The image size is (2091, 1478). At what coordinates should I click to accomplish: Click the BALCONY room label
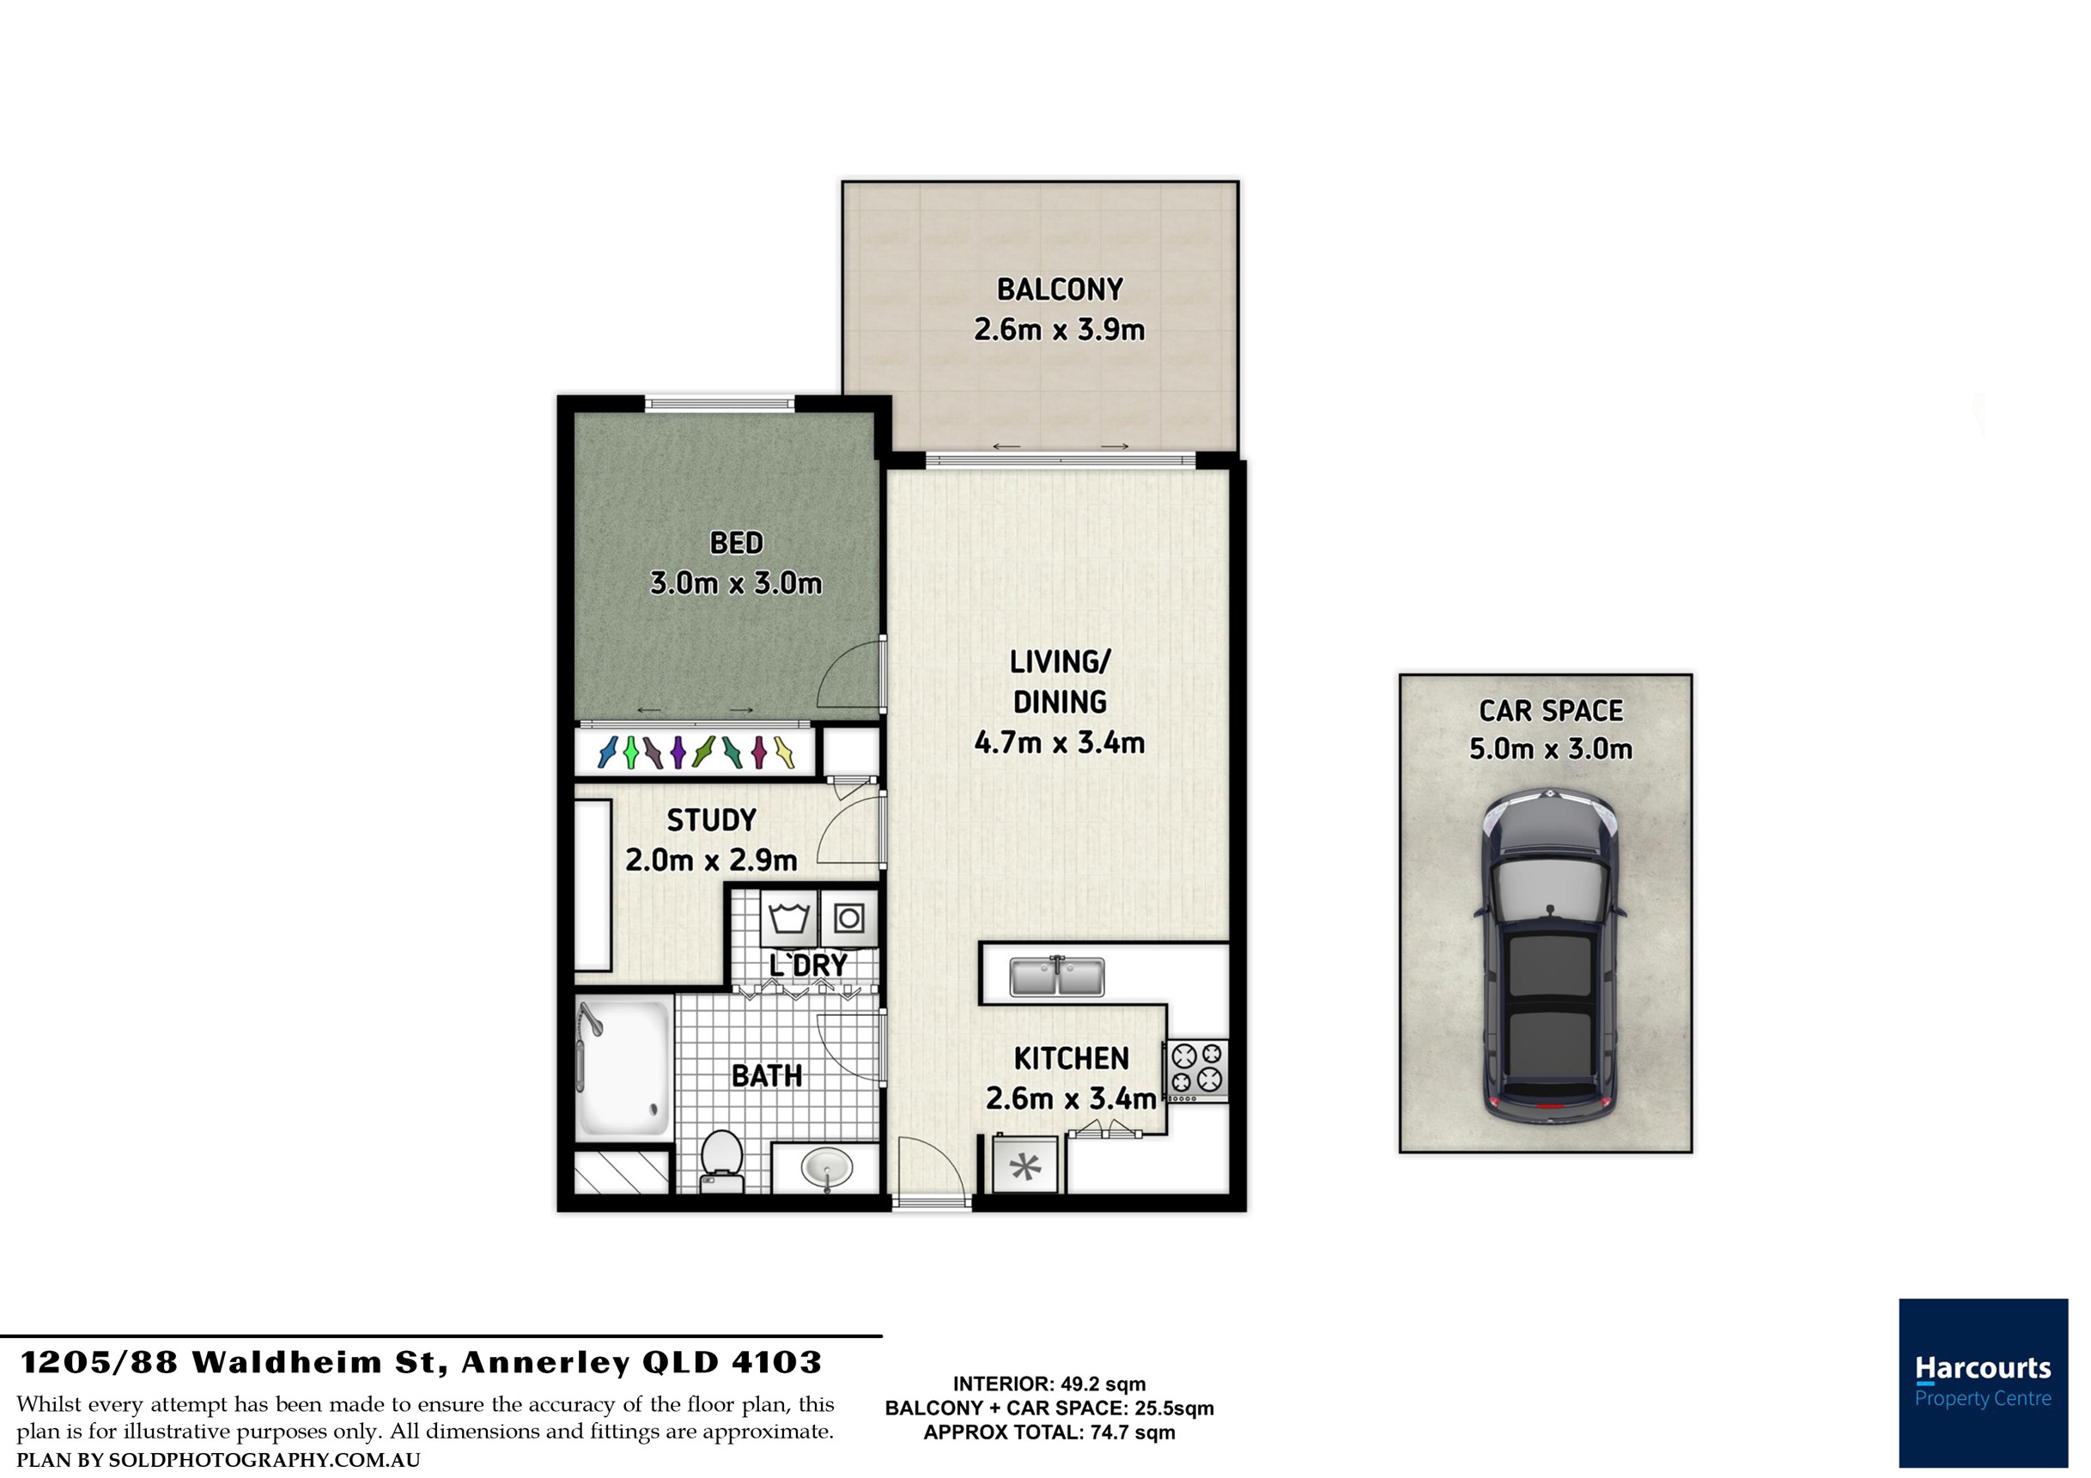point(1060,289)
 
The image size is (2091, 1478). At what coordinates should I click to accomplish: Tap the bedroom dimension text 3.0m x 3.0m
point(736,583)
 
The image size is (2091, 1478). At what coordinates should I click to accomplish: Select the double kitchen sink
point(1056,976)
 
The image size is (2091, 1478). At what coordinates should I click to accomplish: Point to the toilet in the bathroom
point(721,1161)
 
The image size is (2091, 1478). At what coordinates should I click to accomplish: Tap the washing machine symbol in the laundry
point(788,920)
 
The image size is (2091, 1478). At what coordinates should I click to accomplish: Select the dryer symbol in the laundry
point(848,918)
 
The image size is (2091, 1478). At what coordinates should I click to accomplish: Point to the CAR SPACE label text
point(1551,710)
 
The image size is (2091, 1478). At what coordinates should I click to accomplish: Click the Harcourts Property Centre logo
point(1983,1383)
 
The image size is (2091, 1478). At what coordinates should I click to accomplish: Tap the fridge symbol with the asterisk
point(1025,1165)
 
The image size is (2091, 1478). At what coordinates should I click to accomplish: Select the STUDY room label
point(711,820)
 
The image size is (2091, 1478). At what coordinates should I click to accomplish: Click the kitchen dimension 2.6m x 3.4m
point(1071,1099)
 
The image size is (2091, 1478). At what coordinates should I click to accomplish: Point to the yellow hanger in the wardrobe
point(784,751)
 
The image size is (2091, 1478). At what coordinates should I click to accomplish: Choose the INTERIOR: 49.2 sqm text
point(1049,1384)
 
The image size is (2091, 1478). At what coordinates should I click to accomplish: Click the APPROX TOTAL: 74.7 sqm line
point(1049,1432)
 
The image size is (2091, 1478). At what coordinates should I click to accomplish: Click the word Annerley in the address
point(545,1362)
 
